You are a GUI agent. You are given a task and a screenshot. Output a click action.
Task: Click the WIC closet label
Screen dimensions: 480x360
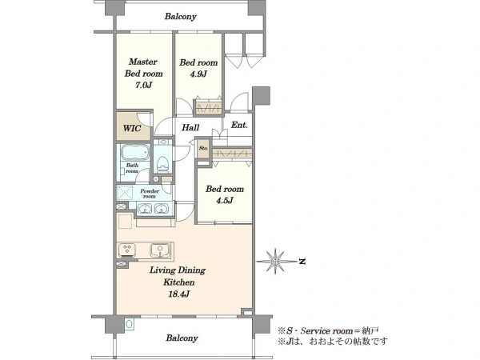[132, 128]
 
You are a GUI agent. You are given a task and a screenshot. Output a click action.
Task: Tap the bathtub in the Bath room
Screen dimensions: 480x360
[135, 153]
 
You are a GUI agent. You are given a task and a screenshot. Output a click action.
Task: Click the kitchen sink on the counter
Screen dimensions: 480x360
[160, 250]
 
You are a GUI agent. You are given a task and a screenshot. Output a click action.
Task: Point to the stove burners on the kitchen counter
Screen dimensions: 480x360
[127, 250]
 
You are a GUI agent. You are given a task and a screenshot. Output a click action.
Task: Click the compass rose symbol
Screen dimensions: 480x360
[275, 261]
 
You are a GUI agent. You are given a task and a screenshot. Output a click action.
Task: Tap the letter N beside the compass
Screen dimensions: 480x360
[302, 262]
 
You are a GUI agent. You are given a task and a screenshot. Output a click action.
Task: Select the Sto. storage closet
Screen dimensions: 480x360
[203, 149]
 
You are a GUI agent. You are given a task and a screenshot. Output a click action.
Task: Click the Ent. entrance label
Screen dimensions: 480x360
[239, 125]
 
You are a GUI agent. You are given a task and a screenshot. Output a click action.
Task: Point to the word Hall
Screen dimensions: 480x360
[190, 127]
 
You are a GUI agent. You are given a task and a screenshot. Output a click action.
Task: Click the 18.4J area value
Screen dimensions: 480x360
[178, 294]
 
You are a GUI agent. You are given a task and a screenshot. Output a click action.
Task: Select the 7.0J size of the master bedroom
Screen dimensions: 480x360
[143, 85]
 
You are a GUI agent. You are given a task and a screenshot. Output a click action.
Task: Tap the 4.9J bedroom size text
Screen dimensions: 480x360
[198, 74]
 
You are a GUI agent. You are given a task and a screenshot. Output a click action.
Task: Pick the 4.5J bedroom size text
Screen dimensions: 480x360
[225, 201]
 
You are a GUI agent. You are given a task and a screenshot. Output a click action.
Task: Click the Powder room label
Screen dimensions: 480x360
[150, 194]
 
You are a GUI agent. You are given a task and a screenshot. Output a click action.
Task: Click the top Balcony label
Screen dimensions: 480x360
[180, 16]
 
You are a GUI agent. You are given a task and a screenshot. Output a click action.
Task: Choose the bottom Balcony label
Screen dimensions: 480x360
[182, 338]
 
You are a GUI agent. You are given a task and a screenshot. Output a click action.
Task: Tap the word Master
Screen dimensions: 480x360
[143, 62]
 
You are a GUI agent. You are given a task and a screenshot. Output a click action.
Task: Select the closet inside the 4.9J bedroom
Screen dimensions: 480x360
[209, 107]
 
